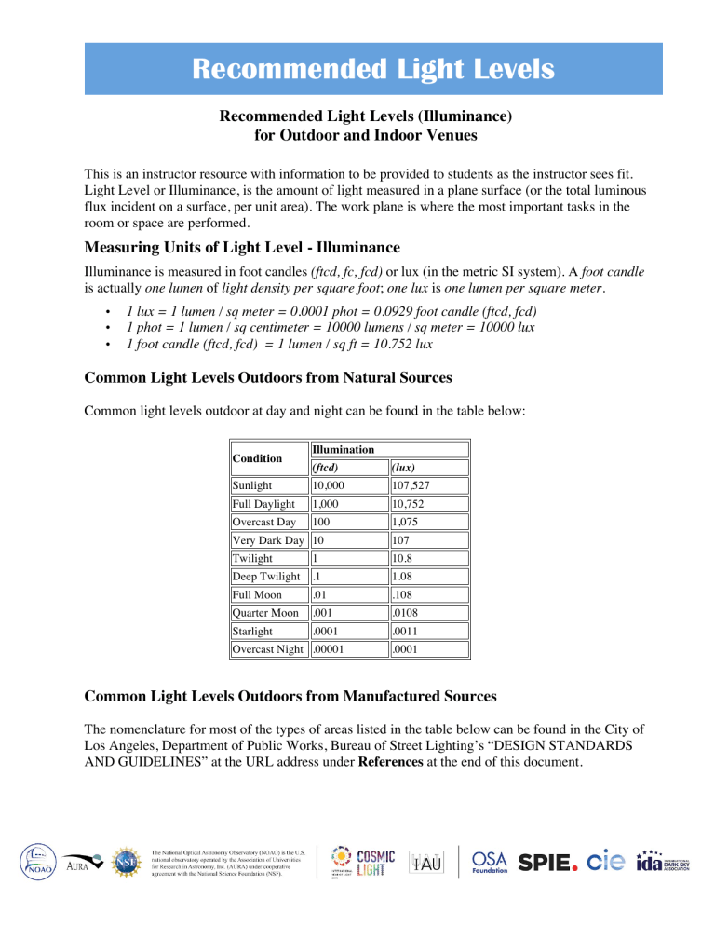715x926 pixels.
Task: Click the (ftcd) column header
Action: point(324,468)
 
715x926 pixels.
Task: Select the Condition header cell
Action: point(257,458)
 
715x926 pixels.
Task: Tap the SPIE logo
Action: point(553,864)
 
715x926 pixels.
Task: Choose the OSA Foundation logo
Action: point(491,864)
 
